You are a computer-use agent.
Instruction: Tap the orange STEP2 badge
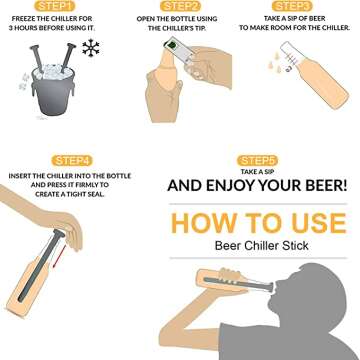click(179, 6)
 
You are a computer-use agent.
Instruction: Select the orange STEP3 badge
click(299, 6)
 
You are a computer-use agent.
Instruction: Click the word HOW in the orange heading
click(200, 222)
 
